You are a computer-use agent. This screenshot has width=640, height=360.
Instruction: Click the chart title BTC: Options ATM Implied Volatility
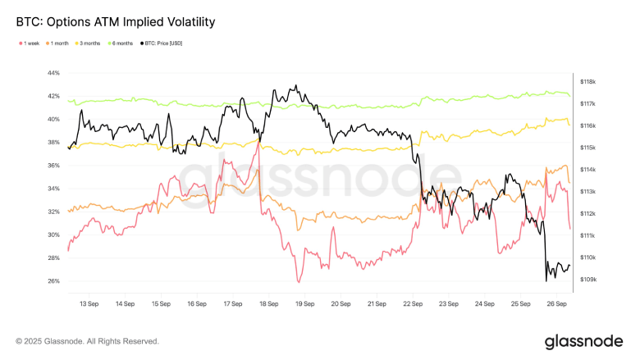click(x=116, y=22)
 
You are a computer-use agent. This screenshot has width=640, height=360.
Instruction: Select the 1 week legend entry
click(x=30, y=43)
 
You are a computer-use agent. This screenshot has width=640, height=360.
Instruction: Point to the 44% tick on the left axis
click(x=53, y=73)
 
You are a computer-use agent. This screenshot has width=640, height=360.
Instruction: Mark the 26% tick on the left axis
click(x=53, y=280)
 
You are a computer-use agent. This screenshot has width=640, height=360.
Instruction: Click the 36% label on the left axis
click(x=53, y=166)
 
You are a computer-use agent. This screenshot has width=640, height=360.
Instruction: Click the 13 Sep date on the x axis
click(x=89, y=303)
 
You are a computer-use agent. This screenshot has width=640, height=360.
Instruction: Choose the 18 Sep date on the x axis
click(x=268, y=303)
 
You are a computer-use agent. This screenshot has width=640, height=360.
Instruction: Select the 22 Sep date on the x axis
click(x=412, y=303)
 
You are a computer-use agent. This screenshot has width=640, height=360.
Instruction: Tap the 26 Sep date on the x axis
click(x=555, y=303)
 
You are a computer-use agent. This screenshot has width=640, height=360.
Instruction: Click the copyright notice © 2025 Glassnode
click(x=87, y=341)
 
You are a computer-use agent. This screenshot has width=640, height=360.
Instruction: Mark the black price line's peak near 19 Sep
click(x=295, y=84)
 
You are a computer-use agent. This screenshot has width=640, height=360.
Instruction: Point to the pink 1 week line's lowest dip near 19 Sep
click(x=299, y=282)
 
